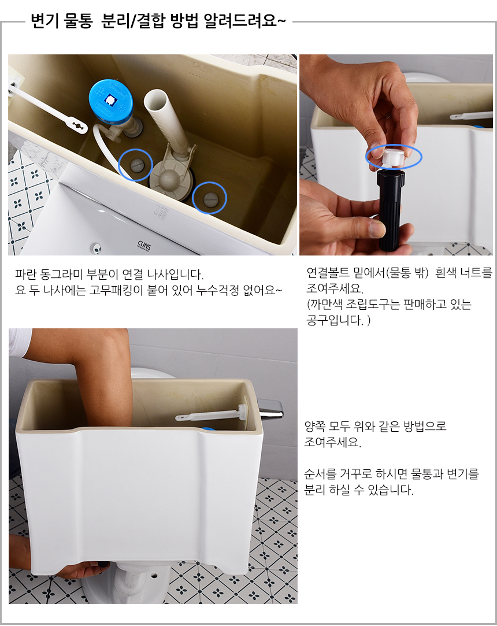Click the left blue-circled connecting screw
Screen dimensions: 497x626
click(x=136, y=164)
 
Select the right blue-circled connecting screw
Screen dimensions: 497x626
click(x=210, y=198)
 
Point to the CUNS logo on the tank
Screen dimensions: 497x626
click(x=144, y=245)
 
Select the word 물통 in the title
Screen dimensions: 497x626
click(x=78, y=21)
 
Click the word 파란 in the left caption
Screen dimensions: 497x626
click(x=26, y=275)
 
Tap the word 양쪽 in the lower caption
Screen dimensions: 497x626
click(x=315, y=427)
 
